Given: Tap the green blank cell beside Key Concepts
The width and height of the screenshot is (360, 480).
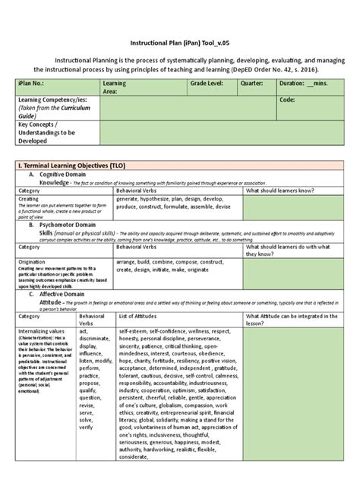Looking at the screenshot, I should [220, 132].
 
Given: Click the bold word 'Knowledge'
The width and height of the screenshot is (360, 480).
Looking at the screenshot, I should [59, 182].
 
